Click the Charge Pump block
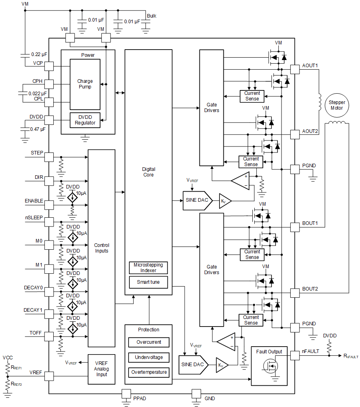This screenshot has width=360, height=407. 84,84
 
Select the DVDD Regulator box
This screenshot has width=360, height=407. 85,120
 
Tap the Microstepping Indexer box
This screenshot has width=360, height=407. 149,268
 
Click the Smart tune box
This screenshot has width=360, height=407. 149,282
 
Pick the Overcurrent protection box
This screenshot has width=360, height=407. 149,342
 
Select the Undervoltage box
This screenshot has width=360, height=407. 149,357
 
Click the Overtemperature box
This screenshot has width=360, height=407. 149,372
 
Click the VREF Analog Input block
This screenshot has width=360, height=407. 101,369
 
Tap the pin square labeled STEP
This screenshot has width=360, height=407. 49,157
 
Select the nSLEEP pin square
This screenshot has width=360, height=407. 49,222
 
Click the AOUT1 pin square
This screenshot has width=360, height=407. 295,69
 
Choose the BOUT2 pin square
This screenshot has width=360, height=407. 295,293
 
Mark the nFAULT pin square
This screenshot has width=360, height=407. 295,356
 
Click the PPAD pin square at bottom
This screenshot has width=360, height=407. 127,394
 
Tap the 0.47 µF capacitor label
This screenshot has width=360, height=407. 38,129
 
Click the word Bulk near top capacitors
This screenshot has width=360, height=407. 151,16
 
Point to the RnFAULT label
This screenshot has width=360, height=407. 351,356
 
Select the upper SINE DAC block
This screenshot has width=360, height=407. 197,200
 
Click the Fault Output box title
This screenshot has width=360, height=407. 269,352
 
